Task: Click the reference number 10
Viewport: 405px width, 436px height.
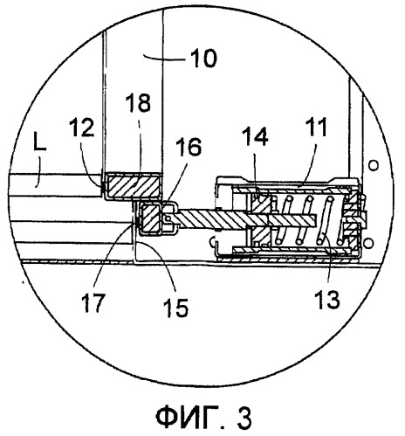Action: point(203,58)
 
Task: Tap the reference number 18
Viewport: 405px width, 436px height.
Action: point(138,102)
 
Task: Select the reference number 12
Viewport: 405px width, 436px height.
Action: point(82,128)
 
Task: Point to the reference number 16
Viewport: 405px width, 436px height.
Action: point(189,147)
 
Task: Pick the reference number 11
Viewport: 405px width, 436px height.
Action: point(316,128)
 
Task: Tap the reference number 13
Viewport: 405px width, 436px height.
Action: point(327,299)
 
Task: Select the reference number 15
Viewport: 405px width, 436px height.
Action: point(175,308)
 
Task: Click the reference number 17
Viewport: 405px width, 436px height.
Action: point(93,302)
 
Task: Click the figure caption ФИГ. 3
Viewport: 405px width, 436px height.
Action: point(203,417)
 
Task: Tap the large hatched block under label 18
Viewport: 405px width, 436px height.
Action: point(134,185)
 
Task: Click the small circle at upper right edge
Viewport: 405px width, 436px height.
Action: point(374,166)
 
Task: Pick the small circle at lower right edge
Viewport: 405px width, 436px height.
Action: point(369,242)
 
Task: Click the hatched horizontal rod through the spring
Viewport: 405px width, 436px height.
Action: point(244,219)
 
